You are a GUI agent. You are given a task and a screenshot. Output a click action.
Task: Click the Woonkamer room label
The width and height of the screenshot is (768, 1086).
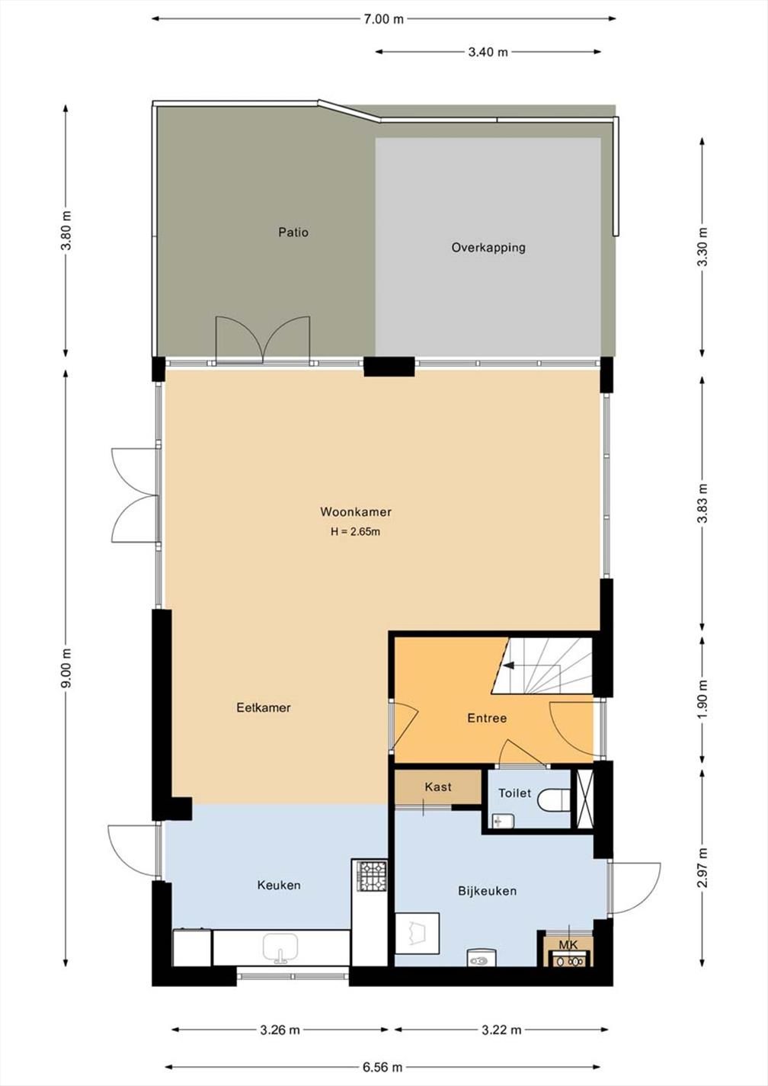click(x=355, y=512)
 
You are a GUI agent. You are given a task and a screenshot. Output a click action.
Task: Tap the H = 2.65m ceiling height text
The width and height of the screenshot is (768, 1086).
click(x=355, y=532)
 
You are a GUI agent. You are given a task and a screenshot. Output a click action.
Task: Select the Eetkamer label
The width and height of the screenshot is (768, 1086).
click(x=263, y=707)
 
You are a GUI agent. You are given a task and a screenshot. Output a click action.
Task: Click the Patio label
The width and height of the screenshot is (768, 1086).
click(x=293, y=232)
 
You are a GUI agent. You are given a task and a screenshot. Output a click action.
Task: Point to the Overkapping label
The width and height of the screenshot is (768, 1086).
click(x=488, y=248)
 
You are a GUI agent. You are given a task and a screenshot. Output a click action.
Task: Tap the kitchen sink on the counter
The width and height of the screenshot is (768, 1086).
click(x=280, y=948)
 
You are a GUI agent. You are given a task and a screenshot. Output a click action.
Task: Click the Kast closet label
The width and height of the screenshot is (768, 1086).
click(x=438, y=786)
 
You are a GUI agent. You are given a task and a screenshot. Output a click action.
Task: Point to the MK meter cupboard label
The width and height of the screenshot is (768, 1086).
click(x=568, y=945)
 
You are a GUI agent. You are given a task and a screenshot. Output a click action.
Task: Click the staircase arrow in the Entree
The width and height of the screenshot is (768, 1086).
click(x=509, y=665)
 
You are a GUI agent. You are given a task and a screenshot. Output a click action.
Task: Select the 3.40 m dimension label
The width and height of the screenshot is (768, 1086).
click(x=488, y=52)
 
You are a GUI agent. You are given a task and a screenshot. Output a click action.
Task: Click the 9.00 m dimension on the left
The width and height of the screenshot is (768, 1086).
click(x=66, y=668)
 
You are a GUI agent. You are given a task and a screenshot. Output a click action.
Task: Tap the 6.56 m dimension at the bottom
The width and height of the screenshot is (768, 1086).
click(x=382, y=1067)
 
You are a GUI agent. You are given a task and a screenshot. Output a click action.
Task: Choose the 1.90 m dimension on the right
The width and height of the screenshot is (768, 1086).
click(x=702, y=696)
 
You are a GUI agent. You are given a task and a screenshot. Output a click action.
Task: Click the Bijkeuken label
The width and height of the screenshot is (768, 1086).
click(x=487, y=890)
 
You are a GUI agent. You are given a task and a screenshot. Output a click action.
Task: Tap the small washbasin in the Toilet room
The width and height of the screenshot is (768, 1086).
click(x=503, y=821)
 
